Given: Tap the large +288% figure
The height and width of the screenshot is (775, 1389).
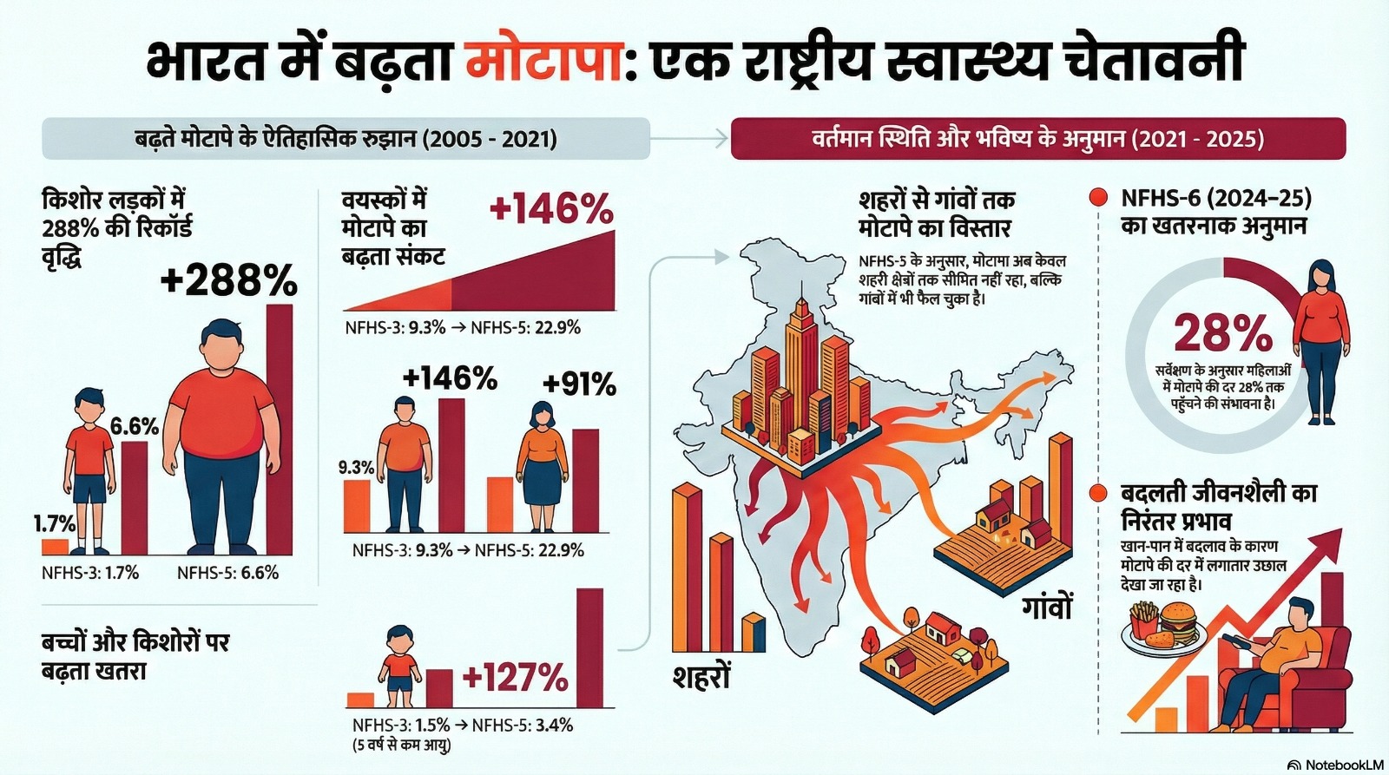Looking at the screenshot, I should pos(229,280).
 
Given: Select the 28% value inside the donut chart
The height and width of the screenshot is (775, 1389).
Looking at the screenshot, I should pos(1222,333).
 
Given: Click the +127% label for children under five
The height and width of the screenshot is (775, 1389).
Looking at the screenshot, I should pos(516,678).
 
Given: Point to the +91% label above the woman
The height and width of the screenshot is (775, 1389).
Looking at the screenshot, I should pos(579,384).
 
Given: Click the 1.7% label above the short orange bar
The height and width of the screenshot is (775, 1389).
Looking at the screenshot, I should pos(55,523).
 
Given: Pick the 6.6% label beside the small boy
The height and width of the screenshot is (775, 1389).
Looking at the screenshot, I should pos(135,426).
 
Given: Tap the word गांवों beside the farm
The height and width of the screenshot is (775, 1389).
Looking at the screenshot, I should pos(1047,606).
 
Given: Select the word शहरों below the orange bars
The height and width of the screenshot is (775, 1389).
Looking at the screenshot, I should pos(701,676).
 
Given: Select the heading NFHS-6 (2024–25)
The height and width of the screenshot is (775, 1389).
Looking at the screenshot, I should pos(1215,198).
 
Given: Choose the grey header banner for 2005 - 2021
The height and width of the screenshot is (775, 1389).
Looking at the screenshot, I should pos(346,139).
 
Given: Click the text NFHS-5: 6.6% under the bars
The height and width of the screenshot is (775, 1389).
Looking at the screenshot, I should pos(227,573).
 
